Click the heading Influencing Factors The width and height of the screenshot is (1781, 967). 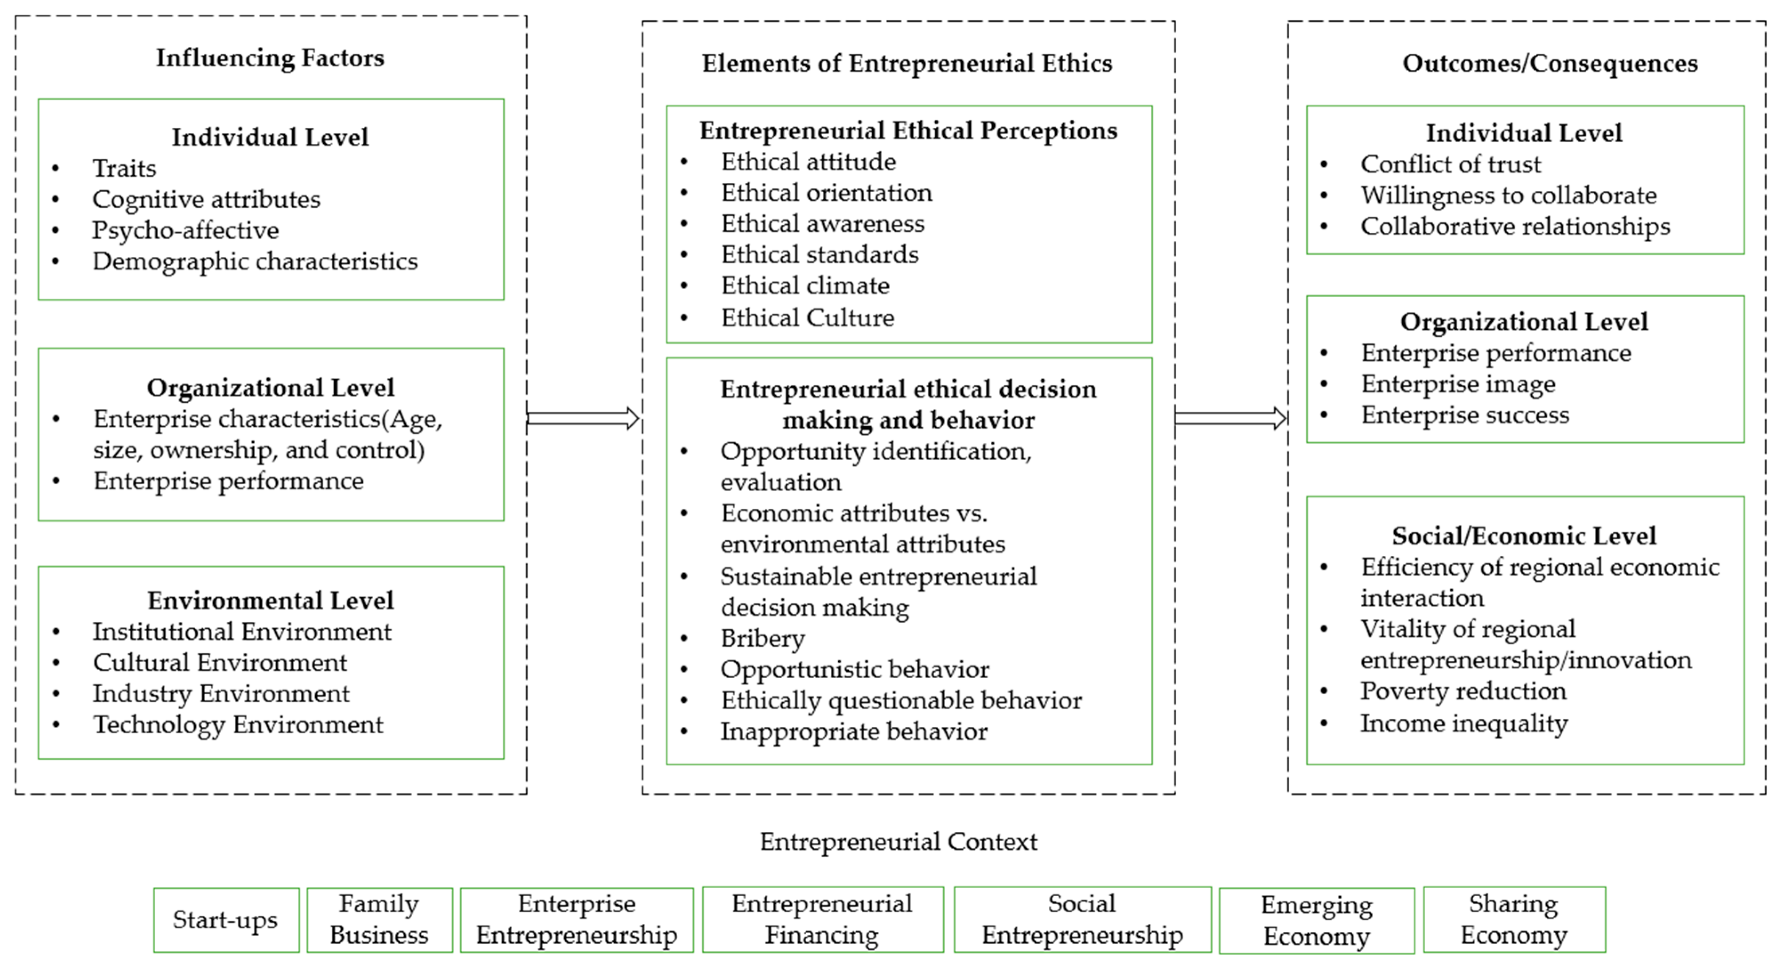(x=269, y=58)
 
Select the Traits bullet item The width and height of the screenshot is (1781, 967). (x=125, y=168)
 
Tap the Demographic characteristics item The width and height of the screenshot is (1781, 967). (x=254, y=262)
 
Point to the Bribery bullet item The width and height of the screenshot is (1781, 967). (x=763, y=639)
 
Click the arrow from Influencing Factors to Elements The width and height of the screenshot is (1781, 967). (x=583, y=418)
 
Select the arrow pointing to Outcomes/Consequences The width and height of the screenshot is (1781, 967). (x=1230, y=418)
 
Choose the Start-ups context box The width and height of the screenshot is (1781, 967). (x=226, y=920)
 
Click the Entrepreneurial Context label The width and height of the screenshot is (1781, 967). (x=898, y=842)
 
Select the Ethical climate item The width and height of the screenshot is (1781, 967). (x=805, y=286)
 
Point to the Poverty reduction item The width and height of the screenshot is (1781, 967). (x=1463, y=691)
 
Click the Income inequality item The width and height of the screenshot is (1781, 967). (x=1463, y=724)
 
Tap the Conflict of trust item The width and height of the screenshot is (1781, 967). (x=1451, y=165)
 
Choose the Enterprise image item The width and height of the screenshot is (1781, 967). (x=1458, y=384)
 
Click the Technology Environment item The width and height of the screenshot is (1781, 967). (x=238, y=725)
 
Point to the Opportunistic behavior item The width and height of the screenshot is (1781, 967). (x=855, y=670)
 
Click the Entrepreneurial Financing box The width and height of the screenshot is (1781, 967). (x=822, y=920)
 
